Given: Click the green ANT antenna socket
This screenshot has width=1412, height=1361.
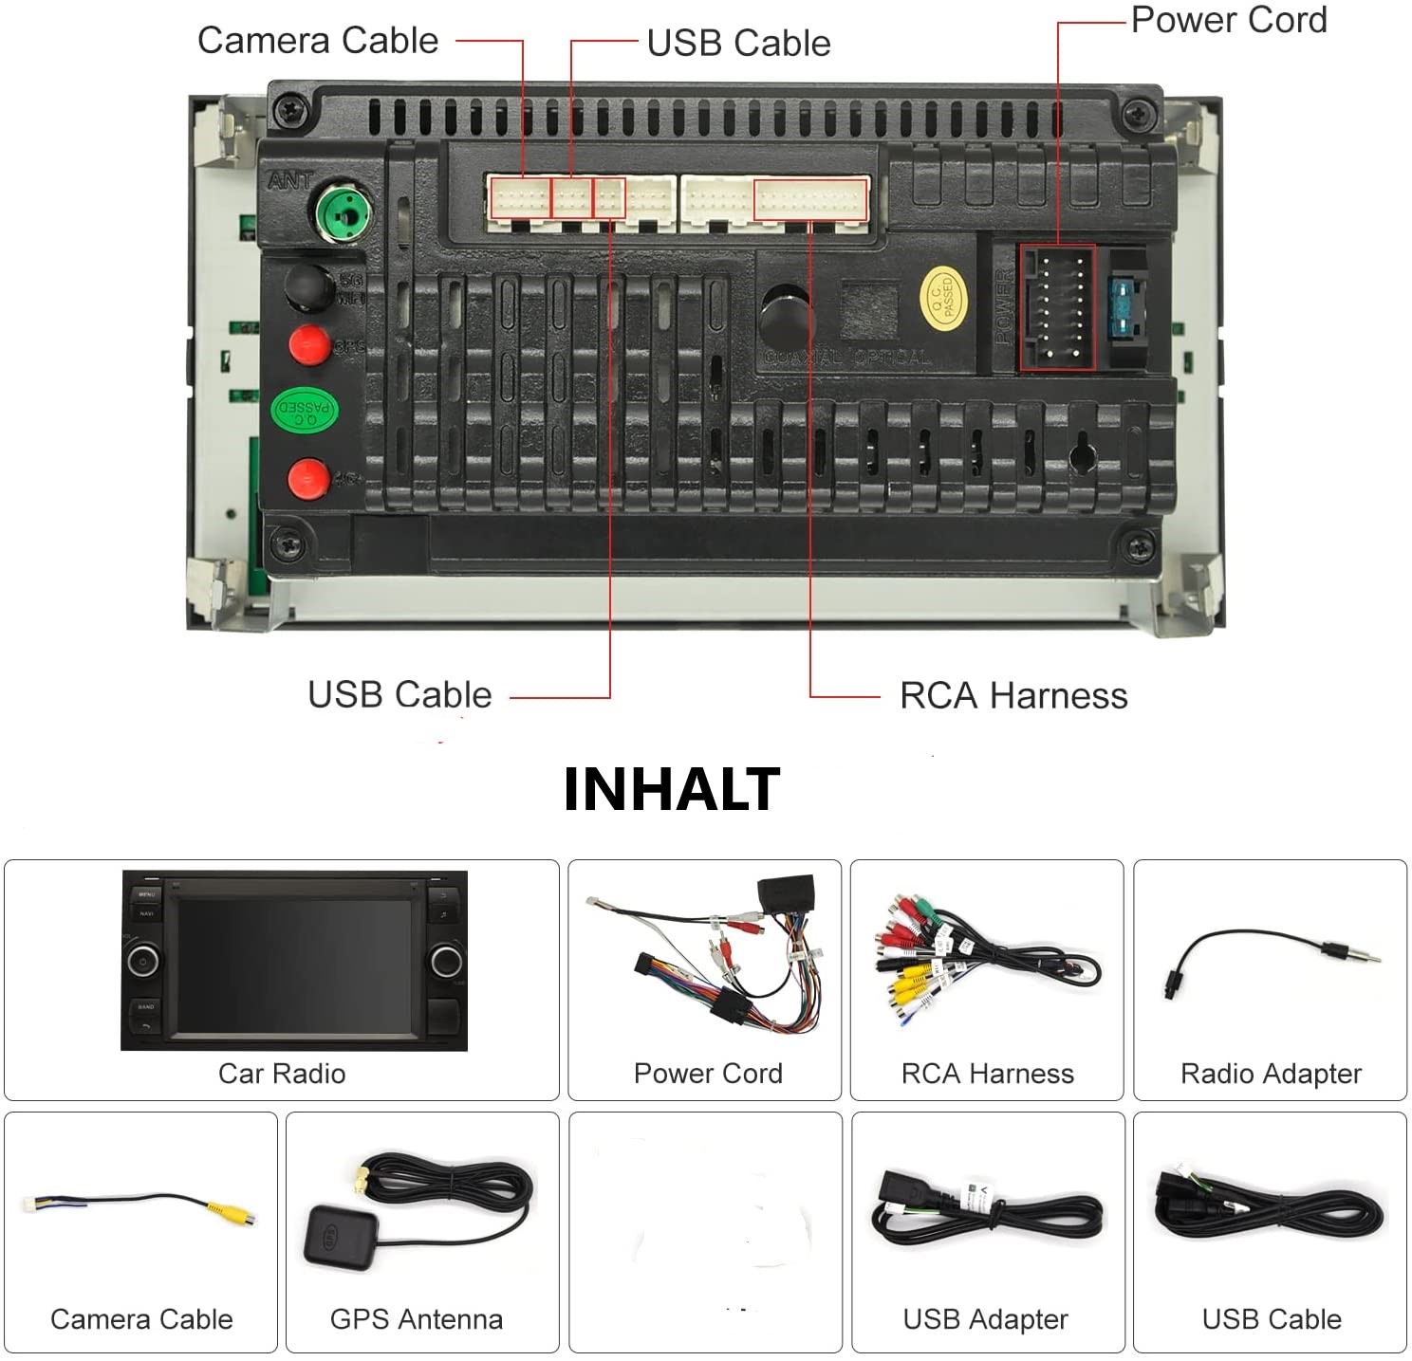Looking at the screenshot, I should pos(344,212).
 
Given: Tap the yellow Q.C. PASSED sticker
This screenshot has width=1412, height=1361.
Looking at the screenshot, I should pos(943,299).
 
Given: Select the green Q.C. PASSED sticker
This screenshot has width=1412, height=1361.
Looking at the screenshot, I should pos(305,410).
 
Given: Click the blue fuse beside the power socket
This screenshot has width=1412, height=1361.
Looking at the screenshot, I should pos(1126,307).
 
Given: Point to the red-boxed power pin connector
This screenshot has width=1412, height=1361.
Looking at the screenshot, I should pos(1058,307).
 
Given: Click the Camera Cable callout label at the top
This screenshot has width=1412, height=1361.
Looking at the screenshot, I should pos(318,41).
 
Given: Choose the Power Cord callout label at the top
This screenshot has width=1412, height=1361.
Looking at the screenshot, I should pos(1229,20).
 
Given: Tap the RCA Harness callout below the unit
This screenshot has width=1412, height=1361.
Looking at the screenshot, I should pos(1013,696).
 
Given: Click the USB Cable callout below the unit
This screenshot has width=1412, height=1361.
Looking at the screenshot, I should pos(399,695).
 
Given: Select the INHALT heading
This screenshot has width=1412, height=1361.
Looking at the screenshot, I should pos(672,790).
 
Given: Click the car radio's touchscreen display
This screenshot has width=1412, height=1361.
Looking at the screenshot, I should pos(294,966).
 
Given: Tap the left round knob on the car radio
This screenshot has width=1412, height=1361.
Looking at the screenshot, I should pos(142,961).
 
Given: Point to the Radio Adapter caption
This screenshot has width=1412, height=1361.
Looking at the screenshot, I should pos(1271,1074).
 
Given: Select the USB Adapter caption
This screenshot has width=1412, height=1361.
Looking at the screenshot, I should pos(985,1319).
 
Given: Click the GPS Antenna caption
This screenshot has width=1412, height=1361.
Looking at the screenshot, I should pos(416,1319).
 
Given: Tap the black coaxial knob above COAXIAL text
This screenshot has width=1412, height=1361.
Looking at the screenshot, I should pos(786,314).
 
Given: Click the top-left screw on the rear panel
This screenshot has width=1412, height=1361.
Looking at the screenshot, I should pos(289,112).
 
